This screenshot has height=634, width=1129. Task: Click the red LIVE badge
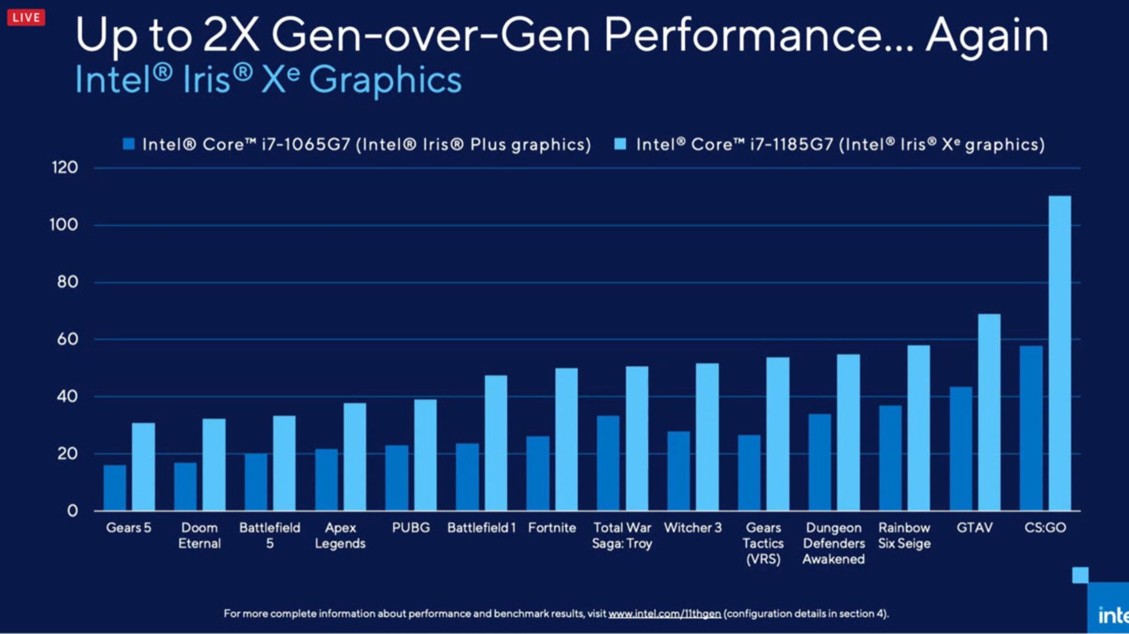pyautogui.click(x=26, y=18)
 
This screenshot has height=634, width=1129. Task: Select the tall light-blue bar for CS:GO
pyautogui.click(x=1060, y=353)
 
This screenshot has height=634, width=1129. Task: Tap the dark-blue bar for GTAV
pyautogui.click(x=961, y=448)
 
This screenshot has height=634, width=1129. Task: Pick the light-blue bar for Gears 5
pyautogui.click(x=143, y=466)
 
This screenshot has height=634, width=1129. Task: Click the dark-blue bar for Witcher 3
pyautogui.click(x=679, y=471)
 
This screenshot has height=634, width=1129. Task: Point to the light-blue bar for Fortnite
pyautogui.click(x=566, y=439)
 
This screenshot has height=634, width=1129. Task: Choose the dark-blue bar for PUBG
pyautogui.click(x=397, y=478)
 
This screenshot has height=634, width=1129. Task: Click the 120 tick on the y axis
pyautogui.click(x=65, y=168)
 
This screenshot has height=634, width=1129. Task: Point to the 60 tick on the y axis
pyautogui.click(x=67, y=339)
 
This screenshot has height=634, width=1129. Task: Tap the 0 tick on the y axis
pyautogui.click(x=72, y=510)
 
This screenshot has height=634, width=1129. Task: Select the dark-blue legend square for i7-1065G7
pyautogui.click(x=129, y=144)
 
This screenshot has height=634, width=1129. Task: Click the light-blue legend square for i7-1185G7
pyautogui.click(x=620, y=144)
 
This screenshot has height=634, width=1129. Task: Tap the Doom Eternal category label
pyautogui.click(x=199, y=535)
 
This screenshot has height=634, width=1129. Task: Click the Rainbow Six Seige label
pyautogui.click(x=904, y=535)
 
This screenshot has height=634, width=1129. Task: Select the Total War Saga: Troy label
pyautogui.click(x=622, y=535)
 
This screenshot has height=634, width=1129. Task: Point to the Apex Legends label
pyautogui.click(x=340, y=535)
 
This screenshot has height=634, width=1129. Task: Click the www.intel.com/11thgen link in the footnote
pyautogui.click(x=664, y=613)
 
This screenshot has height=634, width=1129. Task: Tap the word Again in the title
pyautogui.click(x=987, y=35)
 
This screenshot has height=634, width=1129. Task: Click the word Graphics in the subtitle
pyautogui.click(x=385, y=80)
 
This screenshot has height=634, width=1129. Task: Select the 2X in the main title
pyautogui.click(x=231, y=35)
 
